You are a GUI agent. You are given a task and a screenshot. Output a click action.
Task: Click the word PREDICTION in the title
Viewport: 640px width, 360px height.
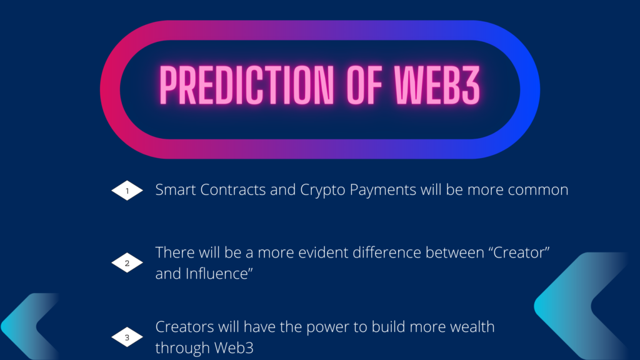pyautogui.click(x=246, y=85)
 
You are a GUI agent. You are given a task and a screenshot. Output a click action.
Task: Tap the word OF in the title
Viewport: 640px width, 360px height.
pyautogui.click(x=364, y=85)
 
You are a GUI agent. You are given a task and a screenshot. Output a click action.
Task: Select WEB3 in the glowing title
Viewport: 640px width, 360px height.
pyautogui.click(x=437, y=85)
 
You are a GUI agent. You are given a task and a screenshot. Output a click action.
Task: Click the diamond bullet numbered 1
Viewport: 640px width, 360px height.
pyautogui.click(x=127, y=191)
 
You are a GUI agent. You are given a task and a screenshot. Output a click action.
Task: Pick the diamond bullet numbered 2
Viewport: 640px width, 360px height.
pyautogui.click(x=127, y=263)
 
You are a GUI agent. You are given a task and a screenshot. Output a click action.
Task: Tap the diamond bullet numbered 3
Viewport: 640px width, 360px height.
pyautogui.click(x=127, y=337)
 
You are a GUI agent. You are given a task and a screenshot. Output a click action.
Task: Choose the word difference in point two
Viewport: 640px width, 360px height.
pyautogui.click(x=387, y=252)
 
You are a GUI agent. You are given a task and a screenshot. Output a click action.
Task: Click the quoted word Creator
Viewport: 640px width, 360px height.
pyautogui.click(x=519, y=252)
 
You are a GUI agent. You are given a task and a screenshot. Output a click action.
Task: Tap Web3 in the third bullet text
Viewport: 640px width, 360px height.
pyautogui.click(x=234, y=347)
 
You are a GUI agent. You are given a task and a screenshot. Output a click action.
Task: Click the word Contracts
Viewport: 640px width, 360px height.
pyautogui.click(x=233, y=190)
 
